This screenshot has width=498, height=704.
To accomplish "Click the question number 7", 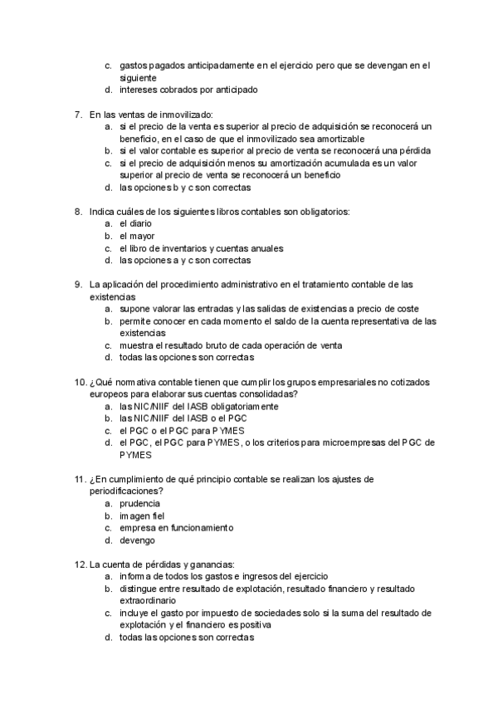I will point(78,114).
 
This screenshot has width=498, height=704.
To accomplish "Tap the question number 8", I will point(78,212).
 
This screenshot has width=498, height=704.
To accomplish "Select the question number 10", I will point(79,382).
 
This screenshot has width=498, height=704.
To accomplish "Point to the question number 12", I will point(79,564).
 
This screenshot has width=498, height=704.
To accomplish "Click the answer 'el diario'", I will point(135,223).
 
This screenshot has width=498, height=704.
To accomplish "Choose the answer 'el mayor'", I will point(137,236).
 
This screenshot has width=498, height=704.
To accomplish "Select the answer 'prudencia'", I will point(140,503).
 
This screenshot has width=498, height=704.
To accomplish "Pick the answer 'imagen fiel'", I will point(144,516).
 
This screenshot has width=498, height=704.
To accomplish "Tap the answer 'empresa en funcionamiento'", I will point(176,527).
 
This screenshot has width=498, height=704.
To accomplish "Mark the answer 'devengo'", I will point(138,540).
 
